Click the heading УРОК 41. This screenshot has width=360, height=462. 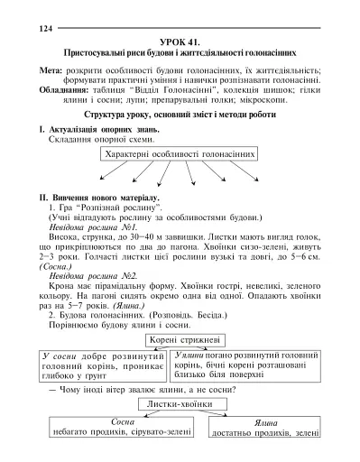click(180, 42)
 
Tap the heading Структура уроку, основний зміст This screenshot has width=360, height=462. click(180, 116)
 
